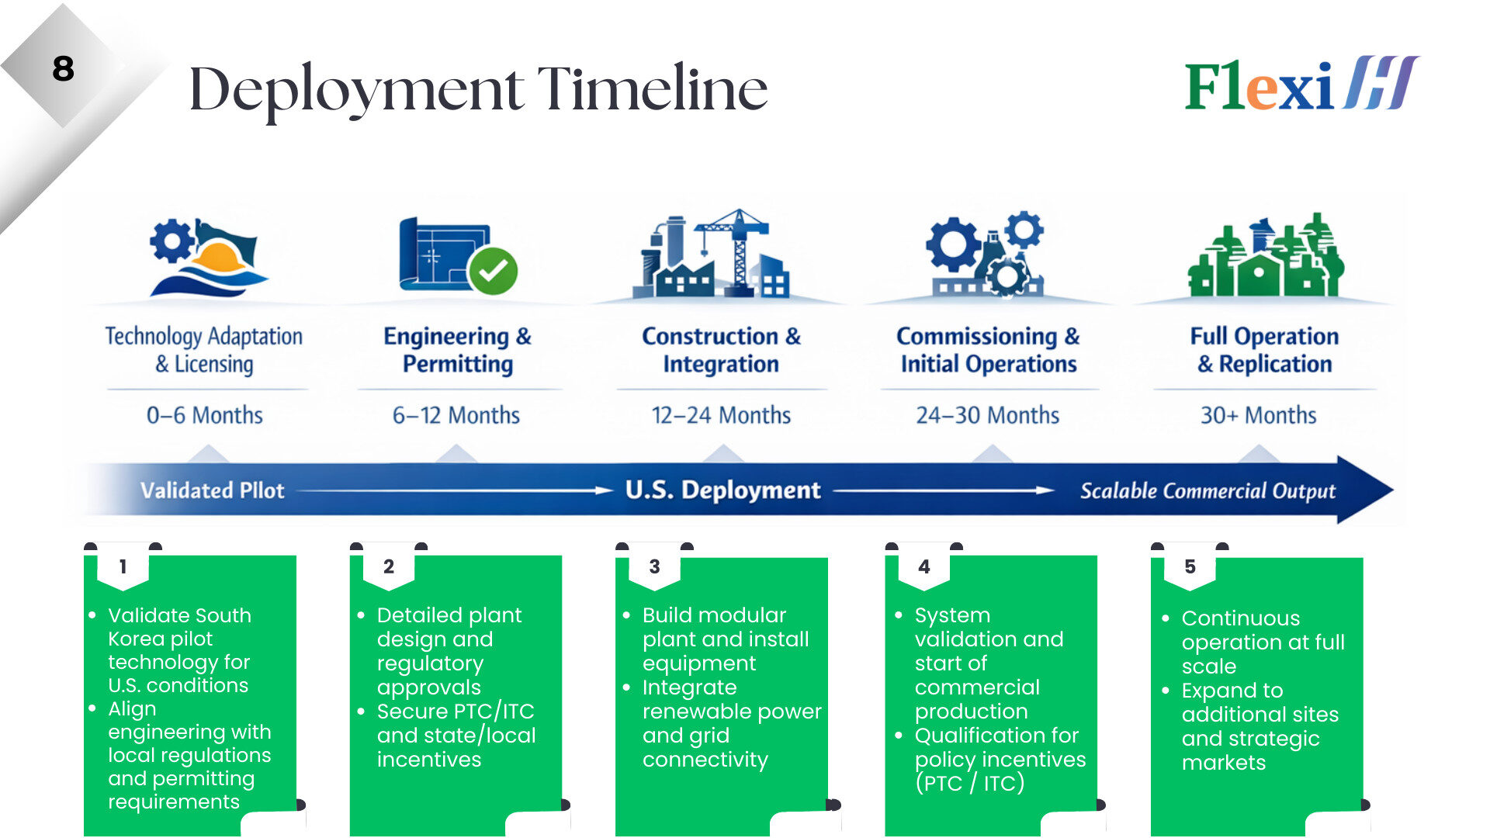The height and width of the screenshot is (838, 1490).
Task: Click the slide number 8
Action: pyautogui.click(x=63, y=68)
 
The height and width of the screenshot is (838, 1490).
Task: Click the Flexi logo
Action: pyautogui.click(x=1301, y=84)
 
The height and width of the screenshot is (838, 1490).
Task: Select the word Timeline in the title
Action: pyautogui.click(x=653, y=88)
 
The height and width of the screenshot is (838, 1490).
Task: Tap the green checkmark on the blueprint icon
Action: pyautogui.click(x=493, y=271)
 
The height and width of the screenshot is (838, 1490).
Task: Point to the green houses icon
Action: pyautogui.click(x=1266, y=255)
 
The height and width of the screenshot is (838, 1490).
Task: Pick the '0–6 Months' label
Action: pyautogui.click(x=205, y=415)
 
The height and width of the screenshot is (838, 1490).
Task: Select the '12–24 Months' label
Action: pyautogui.click(x=721, y=415)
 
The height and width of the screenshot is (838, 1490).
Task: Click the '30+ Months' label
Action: pyautogui.click(x=1258, y=415)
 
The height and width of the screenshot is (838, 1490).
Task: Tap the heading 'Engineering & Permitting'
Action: pyautogui.click(x=458, y=350)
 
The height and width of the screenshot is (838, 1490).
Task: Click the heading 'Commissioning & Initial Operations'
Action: pyautogui.click(x=988, y=350)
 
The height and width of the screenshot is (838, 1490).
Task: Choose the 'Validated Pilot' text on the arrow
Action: pyautogui.click(x=213, y=490)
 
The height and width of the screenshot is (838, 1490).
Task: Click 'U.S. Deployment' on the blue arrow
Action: pyautogui.click(x=722, y=490)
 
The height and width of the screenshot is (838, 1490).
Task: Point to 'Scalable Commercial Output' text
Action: pyautogui.click(x=1208, y=490)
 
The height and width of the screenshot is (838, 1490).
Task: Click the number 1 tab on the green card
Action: pyautogui.click(x=123, y=566)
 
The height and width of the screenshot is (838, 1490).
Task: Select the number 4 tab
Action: pyautogui.click(x=923, y=566)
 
